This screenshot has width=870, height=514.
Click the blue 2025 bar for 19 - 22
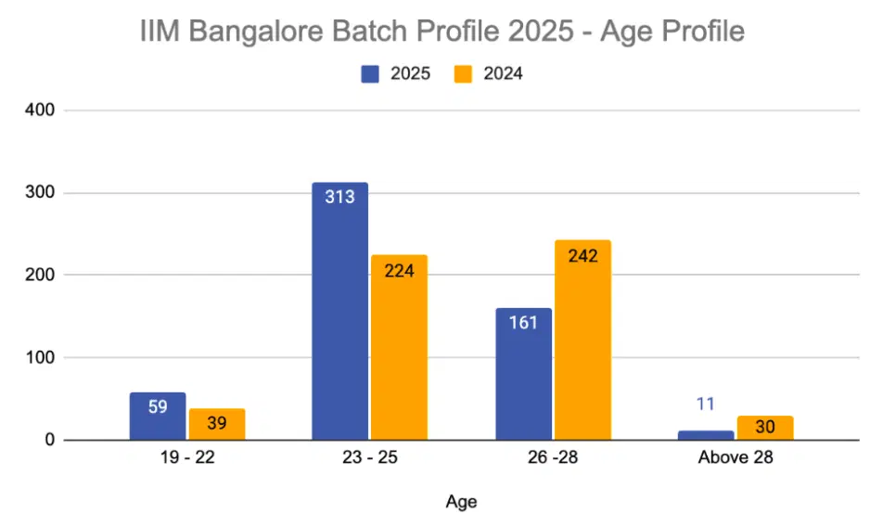coord(158,417)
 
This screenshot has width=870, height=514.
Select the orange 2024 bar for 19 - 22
coord(217,425)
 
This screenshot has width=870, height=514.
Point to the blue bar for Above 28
coord(706,435)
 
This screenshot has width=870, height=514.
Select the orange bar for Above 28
coord(765,428)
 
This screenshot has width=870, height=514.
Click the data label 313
coord(339,197)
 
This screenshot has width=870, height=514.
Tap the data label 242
coord(582,255)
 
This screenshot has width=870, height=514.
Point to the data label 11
coord(706,405)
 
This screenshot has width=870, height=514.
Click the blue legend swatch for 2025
coord(371,73)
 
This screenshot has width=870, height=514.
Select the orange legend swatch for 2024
coord(463,73)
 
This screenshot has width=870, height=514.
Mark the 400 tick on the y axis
coord(43,110)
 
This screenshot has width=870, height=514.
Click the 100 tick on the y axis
coord(43,358)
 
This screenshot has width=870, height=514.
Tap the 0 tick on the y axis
coord(51,441)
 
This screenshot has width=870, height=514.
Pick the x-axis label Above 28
coord(736,457)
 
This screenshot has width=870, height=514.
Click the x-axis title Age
coord(461,502)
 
